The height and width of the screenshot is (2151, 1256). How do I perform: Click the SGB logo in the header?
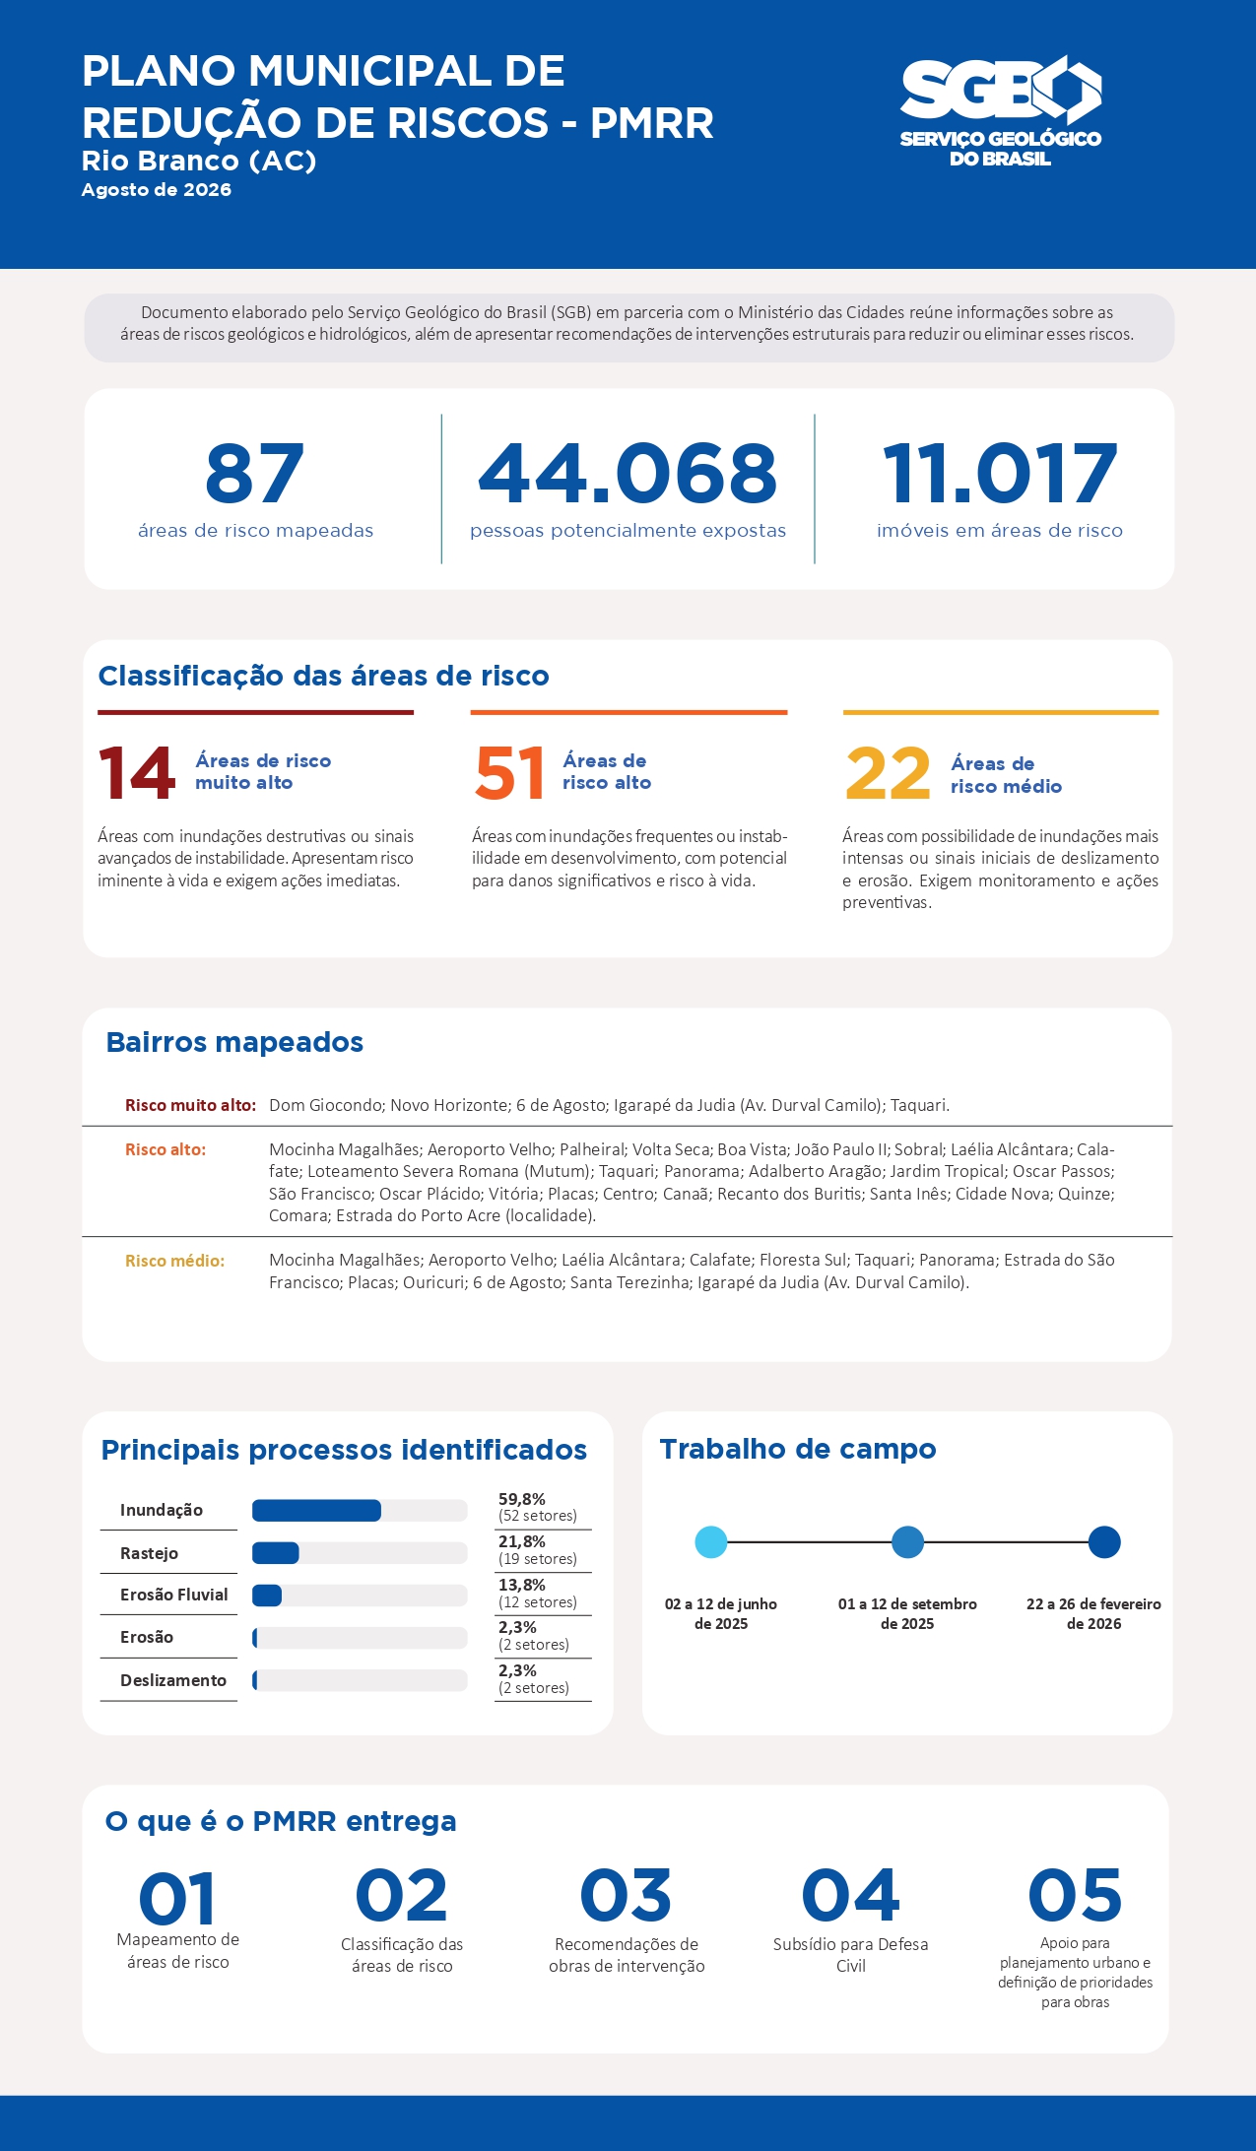[x=1000, y=112]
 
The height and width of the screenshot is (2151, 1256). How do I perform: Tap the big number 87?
[x=254, y=474]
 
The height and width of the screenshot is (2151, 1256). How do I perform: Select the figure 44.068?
[x=628, y=474]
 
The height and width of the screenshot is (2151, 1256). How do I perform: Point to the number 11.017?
[x=1000, y=474]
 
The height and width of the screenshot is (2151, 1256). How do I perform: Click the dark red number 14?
[x=137, y=773]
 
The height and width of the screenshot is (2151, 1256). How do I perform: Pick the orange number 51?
[x=509, y=773]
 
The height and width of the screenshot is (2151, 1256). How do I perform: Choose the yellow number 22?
[x=888, y=773]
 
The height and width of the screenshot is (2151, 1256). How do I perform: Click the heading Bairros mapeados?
[x=234, y=1042]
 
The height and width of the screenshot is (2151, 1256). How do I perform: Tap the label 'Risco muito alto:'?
[x=190, y=1105]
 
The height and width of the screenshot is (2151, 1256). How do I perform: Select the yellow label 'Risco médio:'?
[x=174, y=1261]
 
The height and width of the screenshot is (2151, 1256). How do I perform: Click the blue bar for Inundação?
[x=316, y=1511]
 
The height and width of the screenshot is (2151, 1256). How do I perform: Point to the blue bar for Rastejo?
[x=276, y=1553]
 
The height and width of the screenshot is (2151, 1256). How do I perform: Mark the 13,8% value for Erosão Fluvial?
[x=522, y=1585]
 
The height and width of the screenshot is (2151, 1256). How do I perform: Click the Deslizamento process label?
[x=173, y=1680]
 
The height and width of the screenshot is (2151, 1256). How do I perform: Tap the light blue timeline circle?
[x=711, y=1542]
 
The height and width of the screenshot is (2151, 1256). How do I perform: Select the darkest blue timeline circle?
[x=1104, y=1542]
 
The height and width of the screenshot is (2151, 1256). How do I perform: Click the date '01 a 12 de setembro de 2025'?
[x=907, y=1613]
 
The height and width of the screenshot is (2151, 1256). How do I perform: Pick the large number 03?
[x=626, y=1896]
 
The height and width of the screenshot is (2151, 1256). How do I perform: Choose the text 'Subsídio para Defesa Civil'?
[x=851, y=1955]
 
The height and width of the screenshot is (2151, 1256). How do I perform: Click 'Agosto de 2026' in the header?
[x=157, y=190]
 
